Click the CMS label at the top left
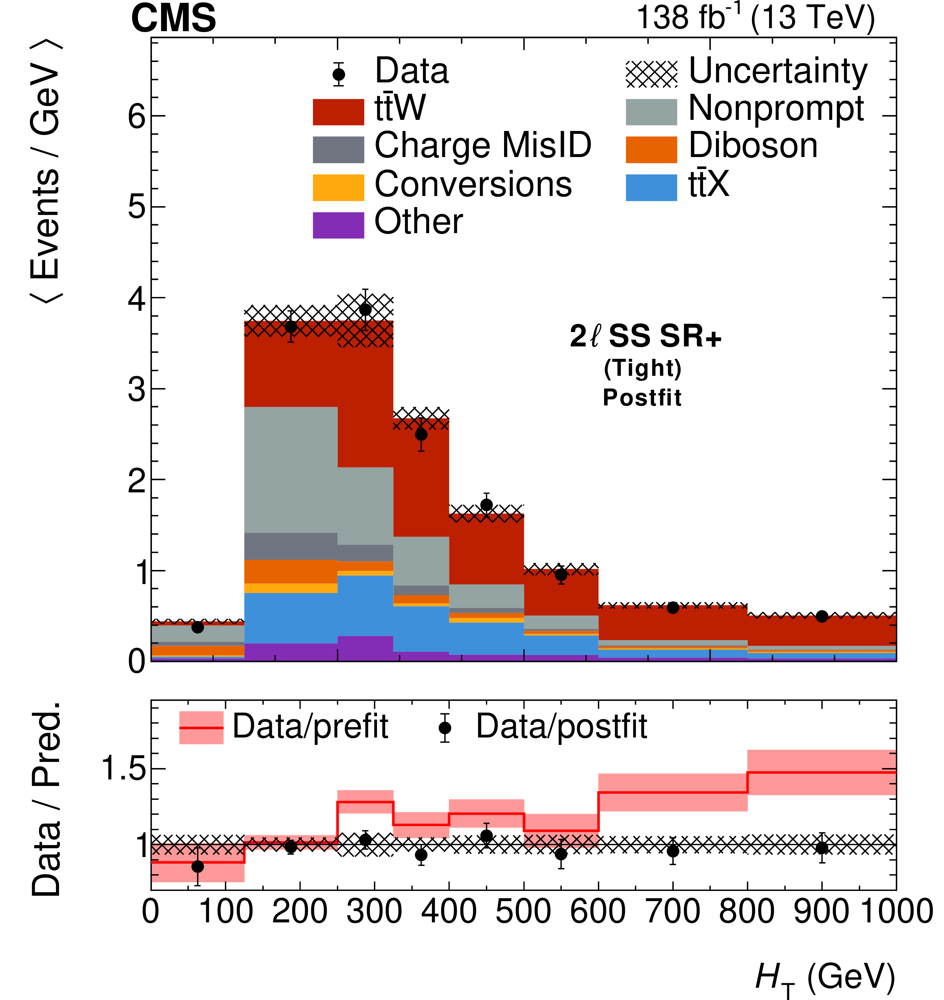coord(174,19)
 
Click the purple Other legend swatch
coord(338,225)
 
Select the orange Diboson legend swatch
coord(651,150)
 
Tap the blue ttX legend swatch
coord(651,187)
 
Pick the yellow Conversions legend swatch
coord(338,187)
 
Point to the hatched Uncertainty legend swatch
coord(651,74)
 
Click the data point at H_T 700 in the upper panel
coord(673,608)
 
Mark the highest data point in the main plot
coord(365,310)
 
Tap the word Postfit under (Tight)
coord(642,398)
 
